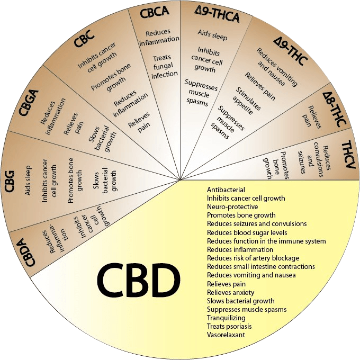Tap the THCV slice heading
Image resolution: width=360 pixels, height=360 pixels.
(x=349, y=155)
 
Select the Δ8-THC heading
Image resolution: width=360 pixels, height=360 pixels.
(x=334, y=109)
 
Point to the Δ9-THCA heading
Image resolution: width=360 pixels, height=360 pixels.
(x=217, y=15)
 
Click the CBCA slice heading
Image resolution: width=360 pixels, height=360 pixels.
(x=154, y=12)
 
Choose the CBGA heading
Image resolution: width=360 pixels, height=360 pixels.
(x=29, y=103)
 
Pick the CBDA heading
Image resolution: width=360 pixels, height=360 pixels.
(x=27, y=252)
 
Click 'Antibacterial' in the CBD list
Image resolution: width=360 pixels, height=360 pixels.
(x=226, y=190)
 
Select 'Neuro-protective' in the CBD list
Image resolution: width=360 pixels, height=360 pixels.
(x=232, y=206)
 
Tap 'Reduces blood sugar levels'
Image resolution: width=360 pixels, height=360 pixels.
(x=247, y=232)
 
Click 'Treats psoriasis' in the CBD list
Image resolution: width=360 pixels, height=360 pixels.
(x=229, y=326)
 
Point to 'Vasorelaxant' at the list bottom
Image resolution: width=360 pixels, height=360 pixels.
(x=226, y=335)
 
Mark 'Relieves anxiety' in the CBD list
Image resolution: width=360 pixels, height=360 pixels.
(x=230, y=292)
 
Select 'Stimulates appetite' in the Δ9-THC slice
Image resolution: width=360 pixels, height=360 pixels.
(x=246, y=101)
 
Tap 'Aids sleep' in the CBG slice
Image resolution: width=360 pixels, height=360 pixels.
(x=28, y=181)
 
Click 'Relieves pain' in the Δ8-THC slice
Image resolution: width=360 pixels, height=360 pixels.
(x=311, y=116)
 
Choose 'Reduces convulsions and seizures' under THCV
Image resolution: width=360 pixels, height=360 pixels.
(x=314, y=159)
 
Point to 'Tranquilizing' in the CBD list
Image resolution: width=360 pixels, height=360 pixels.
(x=226, y=318)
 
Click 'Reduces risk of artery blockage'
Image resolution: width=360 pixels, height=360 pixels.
(x=253, y=258)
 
